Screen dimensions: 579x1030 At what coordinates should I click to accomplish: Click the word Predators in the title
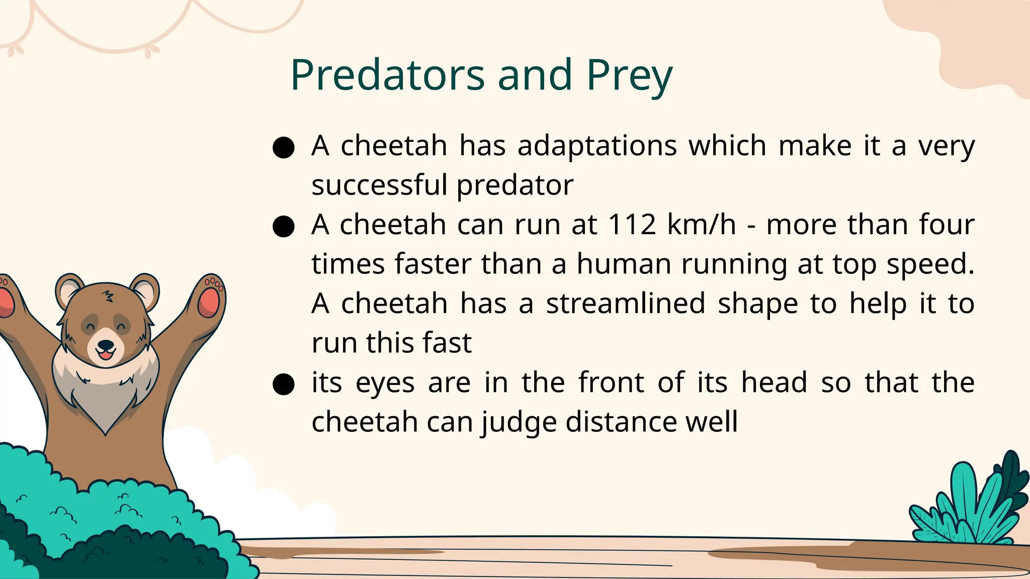coord(387,75)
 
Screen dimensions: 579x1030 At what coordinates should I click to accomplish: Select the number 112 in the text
coord(632,224)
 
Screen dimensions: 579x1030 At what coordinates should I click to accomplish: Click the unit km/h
coord(701,224)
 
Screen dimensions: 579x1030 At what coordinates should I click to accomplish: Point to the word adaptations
coord(597,146)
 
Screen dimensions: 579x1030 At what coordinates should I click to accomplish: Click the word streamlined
coord(626,303)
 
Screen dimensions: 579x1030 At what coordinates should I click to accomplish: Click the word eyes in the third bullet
coord(385,383)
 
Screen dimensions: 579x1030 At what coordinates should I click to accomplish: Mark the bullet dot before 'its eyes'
coord(283,384)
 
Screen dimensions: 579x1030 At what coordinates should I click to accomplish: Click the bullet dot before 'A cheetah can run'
coord(283,226)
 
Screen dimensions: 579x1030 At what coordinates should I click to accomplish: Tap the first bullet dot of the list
coord(283,148)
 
